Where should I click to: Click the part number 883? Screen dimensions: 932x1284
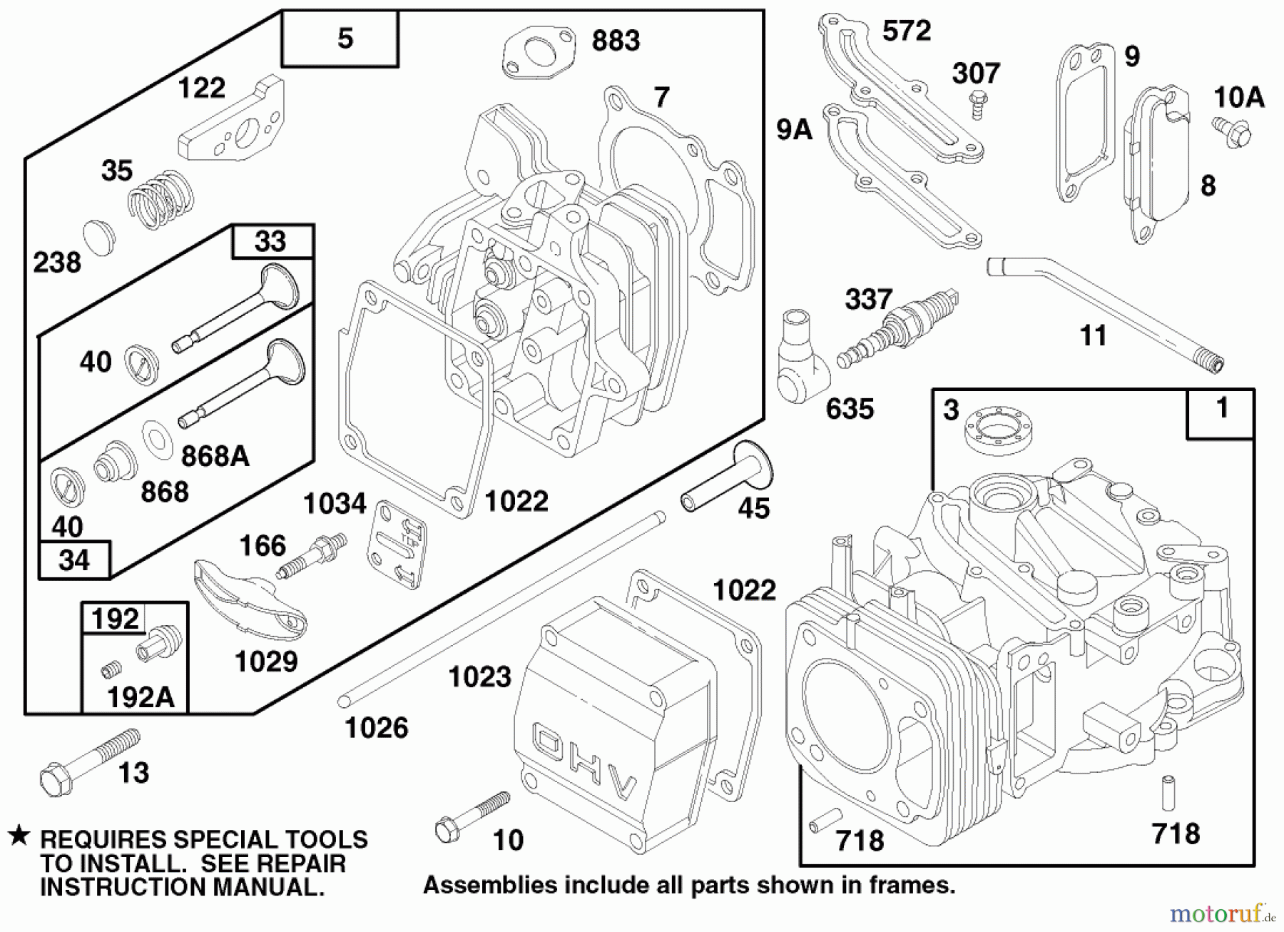coord(616,41)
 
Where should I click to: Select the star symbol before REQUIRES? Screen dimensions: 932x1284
coord(19,836)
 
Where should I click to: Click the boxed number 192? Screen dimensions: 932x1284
coord(116,618)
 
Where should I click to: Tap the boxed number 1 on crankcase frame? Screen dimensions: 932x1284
coord(1222,409)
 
